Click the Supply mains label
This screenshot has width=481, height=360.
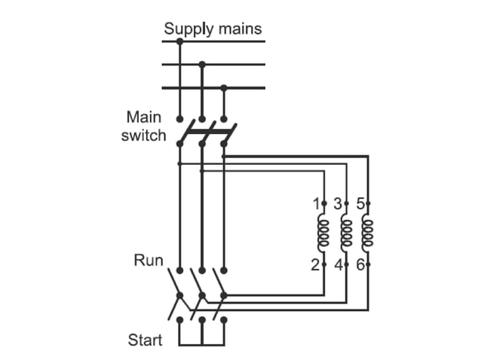213,29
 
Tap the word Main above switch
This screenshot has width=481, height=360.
144,118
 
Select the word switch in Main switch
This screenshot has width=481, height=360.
143,136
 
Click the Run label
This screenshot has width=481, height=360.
149,261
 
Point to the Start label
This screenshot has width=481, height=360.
145,340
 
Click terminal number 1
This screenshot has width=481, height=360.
317,203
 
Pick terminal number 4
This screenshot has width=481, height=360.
338,264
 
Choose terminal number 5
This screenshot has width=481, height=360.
360,203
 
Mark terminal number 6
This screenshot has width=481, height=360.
360,264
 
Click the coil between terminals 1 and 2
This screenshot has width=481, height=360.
324,234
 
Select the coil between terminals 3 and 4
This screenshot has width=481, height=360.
346,234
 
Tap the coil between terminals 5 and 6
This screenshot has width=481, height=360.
368,234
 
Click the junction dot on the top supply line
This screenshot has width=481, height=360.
179,41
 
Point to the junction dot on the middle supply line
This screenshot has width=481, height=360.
201,65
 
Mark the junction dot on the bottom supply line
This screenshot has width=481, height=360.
224,87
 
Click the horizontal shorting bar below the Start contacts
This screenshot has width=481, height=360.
201,345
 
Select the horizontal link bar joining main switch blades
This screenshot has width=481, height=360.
204,129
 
